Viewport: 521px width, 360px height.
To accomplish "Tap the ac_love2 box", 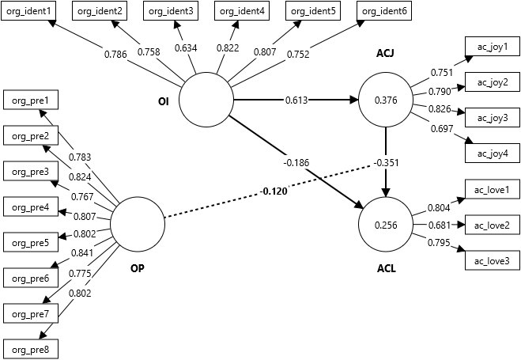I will (x=492, y=225).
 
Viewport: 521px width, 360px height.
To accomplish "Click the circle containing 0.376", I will (x=386, y=100).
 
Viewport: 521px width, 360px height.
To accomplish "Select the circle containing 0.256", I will (x=386, y=225).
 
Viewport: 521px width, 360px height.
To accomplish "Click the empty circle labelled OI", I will (x=206, y=101).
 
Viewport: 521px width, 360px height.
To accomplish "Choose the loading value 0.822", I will (x=229, y=47).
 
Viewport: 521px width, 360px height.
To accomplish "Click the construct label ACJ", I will (x=386, y=54).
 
